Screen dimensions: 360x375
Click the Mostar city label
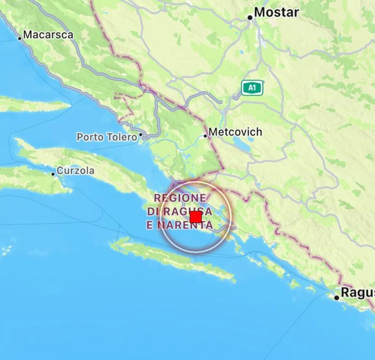point(277,12)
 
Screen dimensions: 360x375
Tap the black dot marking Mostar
point(250,17)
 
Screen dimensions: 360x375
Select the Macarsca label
point(48,35)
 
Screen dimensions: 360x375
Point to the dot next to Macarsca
point(20,38)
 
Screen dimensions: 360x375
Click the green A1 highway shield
point(252,88)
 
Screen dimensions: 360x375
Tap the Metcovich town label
point(235,132)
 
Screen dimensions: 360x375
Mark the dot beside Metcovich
point(205,136)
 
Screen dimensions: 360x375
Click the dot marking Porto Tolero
point(141,136)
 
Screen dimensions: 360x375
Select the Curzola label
point(75,171)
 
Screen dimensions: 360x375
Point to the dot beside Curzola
point(53,174)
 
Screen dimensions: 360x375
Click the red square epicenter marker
point(195,217)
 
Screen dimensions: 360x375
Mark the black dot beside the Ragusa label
point(337,297)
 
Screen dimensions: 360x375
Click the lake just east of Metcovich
point(238,143)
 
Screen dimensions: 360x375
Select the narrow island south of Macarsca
point(31,104)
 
